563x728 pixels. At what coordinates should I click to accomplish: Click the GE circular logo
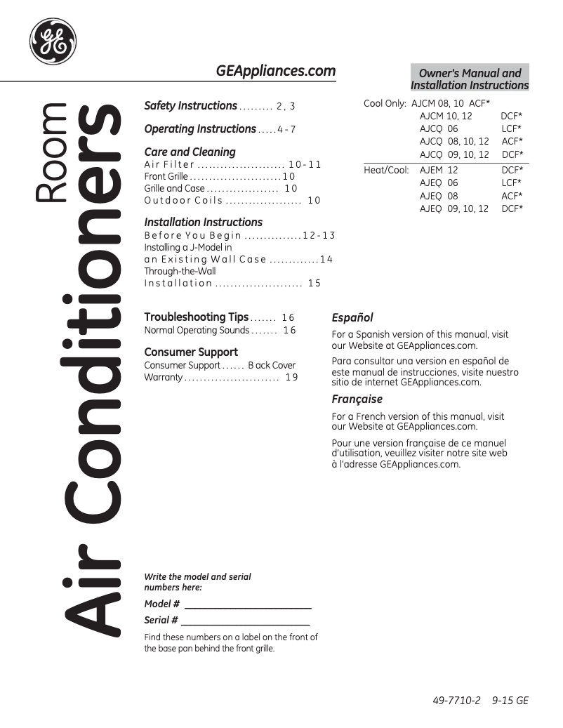(x=53, y=41)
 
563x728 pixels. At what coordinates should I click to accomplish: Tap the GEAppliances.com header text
(x=275, y=71)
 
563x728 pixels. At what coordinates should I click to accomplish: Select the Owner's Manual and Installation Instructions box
(x=470, y=79)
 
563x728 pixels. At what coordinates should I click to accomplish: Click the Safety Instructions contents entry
(x=219, y=106)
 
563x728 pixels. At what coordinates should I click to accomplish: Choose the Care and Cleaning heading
(x=190, y=152)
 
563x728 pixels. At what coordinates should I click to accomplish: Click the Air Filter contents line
(x=232, y=165)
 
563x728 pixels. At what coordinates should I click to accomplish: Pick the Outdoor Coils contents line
(x=232, y=201)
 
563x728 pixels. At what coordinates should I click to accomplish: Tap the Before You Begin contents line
(x=239, y=236)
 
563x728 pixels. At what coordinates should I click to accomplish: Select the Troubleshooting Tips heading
(x=196, y=317)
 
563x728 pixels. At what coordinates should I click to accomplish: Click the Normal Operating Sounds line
(x=220, y=331)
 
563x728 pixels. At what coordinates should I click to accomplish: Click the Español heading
(x=352, y=318)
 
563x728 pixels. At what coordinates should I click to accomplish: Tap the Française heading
(x=357, y=399)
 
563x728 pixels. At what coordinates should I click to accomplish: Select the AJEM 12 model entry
(x=439, y=171)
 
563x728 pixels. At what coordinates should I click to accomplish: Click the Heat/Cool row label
(x=386, y=171)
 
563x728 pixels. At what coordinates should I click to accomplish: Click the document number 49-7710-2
(x=456, y=701)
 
